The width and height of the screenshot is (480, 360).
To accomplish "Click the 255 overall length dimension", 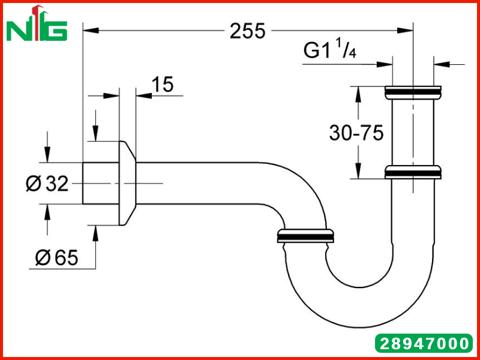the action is [247, 31].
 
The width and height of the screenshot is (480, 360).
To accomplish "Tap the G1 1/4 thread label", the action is [329, 49].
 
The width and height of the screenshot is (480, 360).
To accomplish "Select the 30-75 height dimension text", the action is [356, 133].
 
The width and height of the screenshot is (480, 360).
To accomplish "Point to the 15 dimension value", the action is [163, 84].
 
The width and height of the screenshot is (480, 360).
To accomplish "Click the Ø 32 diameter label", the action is [47, 184].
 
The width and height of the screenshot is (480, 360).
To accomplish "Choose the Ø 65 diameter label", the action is [56, 257].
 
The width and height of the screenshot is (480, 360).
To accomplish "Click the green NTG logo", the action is [37, 24].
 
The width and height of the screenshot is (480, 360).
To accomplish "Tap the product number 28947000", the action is [424, 343].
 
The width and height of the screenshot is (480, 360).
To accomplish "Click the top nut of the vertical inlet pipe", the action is [413, 92].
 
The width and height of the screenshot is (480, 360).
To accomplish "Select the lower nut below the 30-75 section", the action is [413, 172].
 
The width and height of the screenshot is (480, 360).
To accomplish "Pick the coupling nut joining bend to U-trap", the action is [305, 236].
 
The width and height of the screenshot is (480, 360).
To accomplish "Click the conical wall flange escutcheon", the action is [127, 183].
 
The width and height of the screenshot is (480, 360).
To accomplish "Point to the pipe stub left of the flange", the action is [101, 183].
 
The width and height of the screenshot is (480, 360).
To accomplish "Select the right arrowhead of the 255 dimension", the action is [405, 31].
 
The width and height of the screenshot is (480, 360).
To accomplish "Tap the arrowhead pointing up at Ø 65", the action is [95, 233].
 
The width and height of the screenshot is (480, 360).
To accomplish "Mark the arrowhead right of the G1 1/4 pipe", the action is [442, 64].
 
